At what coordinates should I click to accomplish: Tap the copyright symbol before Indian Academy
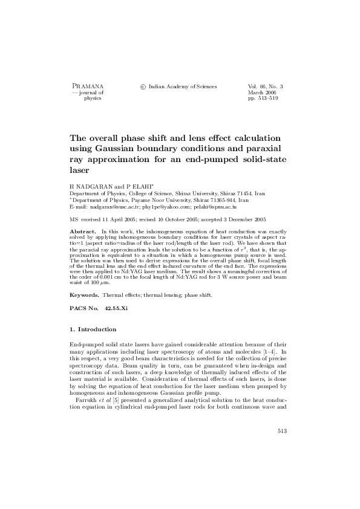(143, 87)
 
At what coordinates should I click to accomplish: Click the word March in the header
(257, 92)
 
